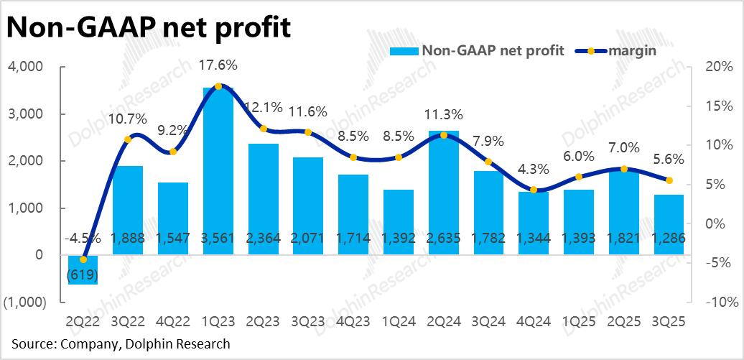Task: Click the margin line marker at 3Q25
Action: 669,180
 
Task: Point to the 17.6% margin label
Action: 218,65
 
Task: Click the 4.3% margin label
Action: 534,170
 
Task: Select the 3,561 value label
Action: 218,238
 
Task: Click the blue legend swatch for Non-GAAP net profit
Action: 404,50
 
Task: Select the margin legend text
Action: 631,50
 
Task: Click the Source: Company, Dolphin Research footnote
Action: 121,344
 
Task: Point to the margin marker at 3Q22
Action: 128,139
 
